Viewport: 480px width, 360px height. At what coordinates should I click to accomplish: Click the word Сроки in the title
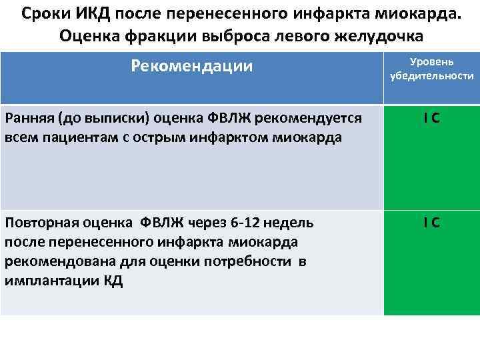pos(47,13)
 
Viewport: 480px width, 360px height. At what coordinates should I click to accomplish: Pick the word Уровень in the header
pos(432,61)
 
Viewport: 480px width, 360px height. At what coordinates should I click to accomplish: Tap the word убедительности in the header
pos(432,77)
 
